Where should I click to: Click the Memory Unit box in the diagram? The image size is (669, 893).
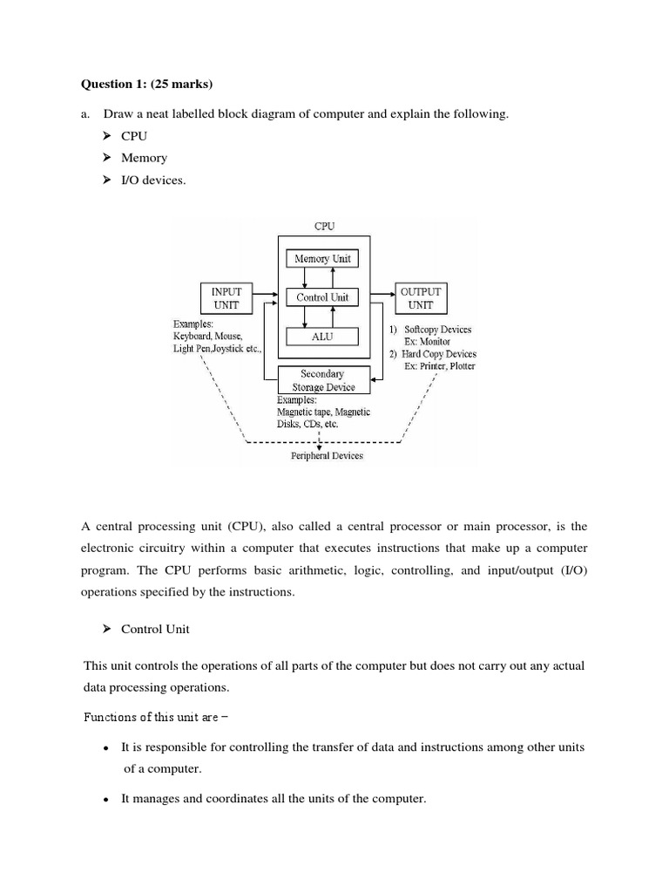pos(322,259)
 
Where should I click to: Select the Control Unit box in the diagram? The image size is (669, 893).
pos(322,297)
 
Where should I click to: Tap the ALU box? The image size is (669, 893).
pos(322,336)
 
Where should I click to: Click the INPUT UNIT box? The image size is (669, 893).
pos(226,297)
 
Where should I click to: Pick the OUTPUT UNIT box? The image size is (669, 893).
pos(422,297)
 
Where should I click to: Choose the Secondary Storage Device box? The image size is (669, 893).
pos(322,380)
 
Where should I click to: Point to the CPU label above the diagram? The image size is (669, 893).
pos(324,226)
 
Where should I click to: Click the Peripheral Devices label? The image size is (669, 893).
pos(327,455)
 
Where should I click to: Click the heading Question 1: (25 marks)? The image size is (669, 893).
pos(146,85)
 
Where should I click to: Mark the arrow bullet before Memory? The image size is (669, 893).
pos(107,158)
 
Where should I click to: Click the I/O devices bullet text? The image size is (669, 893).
pos(153,181)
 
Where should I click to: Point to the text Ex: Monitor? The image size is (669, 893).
pos(428,342)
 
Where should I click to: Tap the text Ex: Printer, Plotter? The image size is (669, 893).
pos(440,366)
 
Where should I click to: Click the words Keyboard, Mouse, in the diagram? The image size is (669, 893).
pos(207,336)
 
